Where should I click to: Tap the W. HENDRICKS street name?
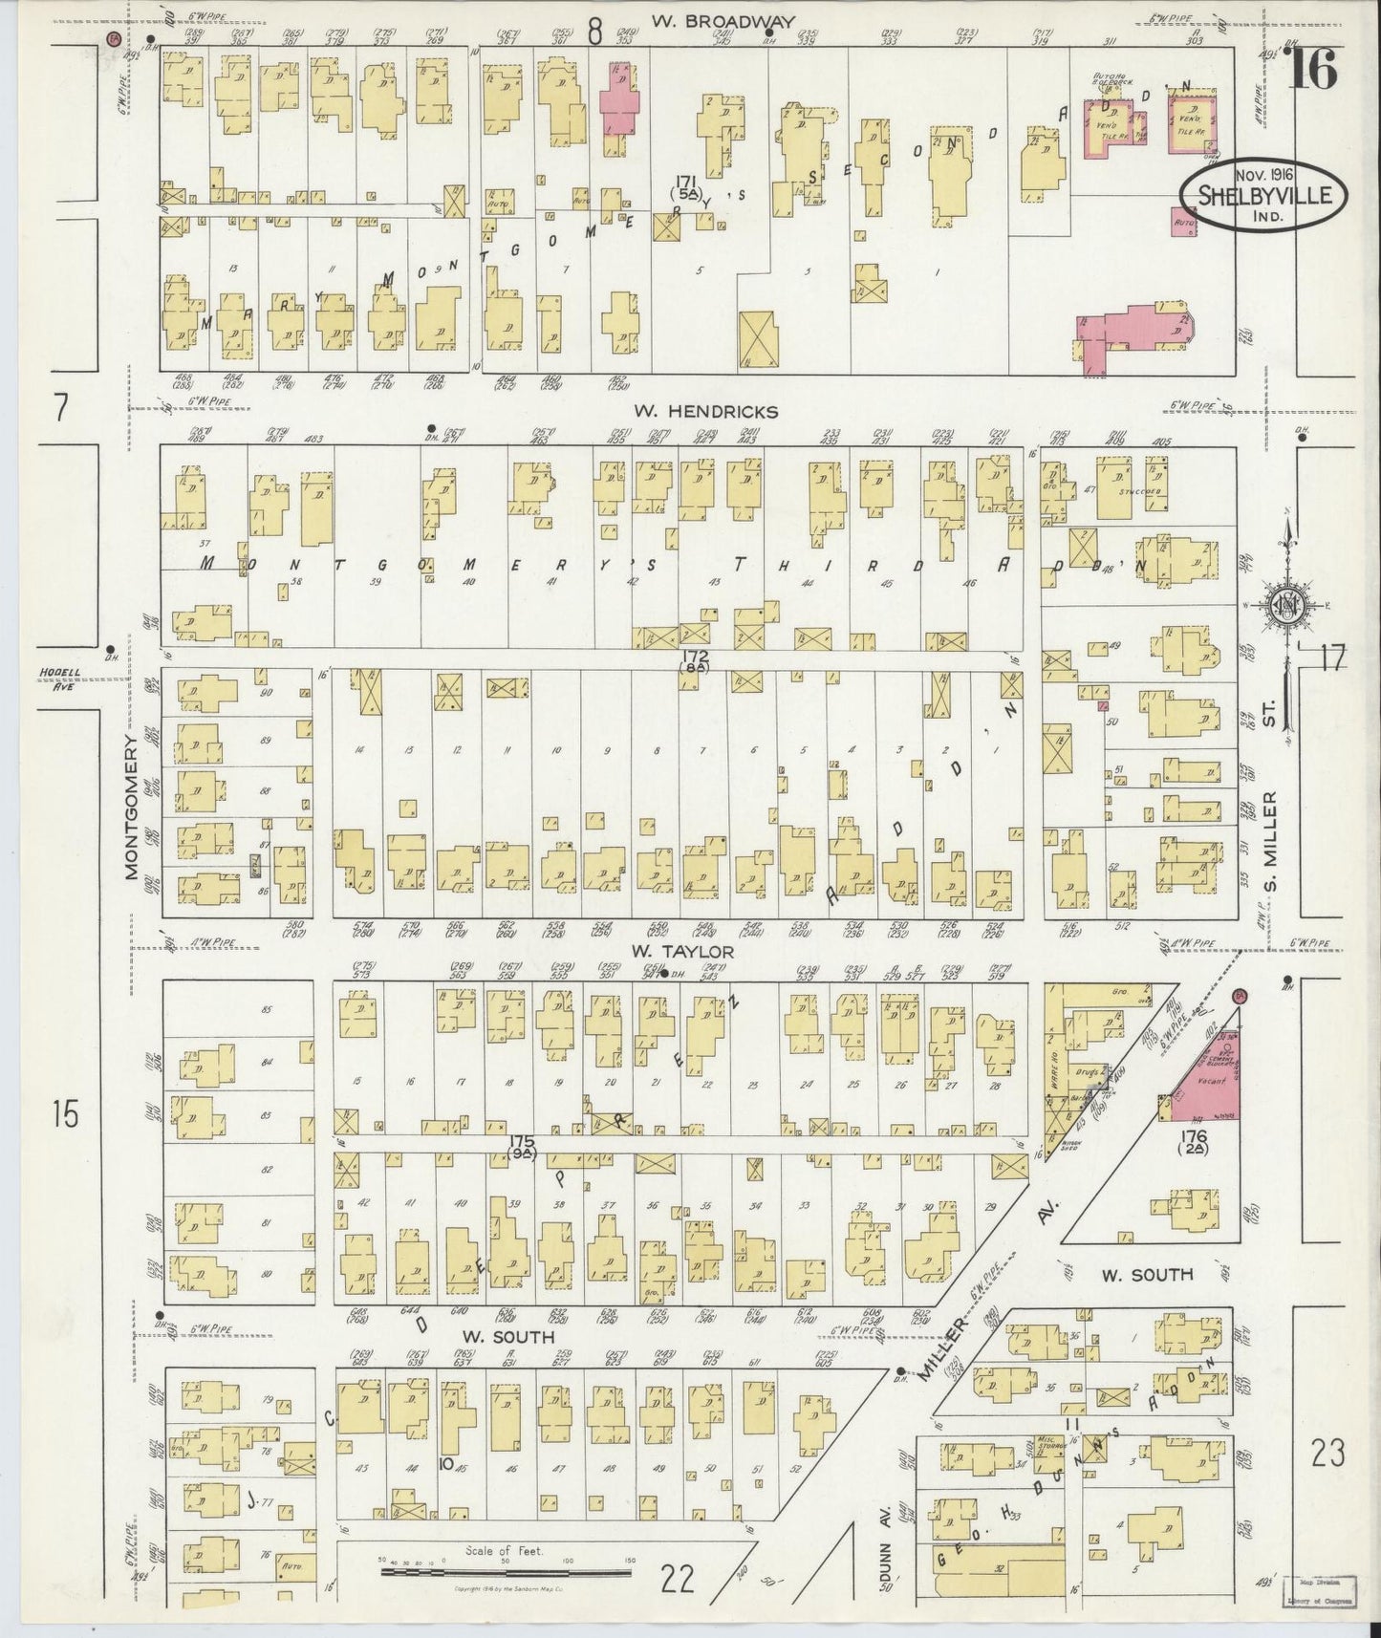(x=706, y=412)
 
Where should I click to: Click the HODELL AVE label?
(x=59, y=676)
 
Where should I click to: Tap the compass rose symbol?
(x=1285, y=604)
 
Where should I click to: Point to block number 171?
(x=684, y=182)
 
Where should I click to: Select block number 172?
(x=695, y=657)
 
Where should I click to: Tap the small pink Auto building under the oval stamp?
(x=1184, y=223)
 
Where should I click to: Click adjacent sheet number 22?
(x=678, y=1581)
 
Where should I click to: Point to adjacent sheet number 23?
(x=1327, y=1454)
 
